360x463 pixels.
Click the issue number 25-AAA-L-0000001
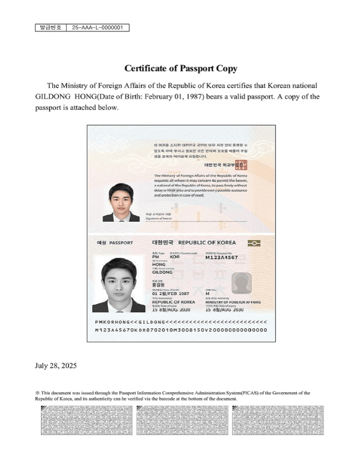click(98, 27)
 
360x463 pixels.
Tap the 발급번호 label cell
click(50, 27)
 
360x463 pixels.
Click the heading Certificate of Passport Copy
click(181, 68)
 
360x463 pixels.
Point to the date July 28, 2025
click(56, 366)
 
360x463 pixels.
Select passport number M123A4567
click(221, 258)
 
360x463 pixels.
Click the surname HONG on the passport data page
click(159, 265)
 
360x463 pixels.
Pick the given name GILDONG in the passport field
click(163, 272)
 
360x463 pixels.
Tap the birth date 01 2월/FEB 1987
click(171, 293)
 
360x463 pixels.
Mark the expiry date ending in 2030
click(225, 310)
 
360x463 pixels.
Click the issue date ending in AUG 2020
click(171, 310)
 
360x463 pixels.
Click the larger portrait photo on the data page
click(119, 284)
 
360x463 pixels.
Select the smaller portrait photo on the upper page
click(121, 202)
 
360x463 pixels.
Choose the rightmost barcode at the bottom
click(278, 421)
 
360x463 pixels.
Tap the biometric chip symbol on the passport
click(254, 243)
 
